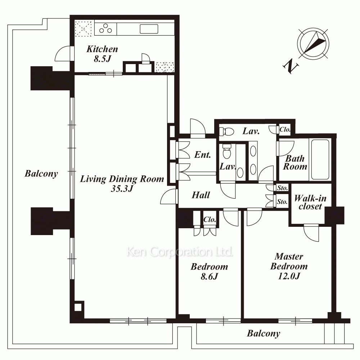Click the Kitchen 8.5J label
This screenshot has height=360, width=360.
[102, 54]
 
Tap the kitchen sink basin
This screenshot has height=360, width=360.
[149, 29]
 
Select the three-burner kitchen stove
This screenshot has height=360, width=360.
[105, 29]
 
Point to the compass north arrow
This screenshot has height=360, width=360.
[313, 43]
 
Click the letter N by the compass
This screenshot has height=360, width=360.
[291, 66]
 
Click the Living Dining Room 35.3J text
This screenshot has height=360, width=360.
[122, 184]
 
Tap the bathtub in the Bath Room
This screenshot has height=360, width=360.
[320, 159]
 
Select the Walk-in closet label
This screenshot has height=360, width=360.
[310, 202]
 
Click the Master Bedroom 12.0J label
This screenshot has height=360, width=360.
[289, 266]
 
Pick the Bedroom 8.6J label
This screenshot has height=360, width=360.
[210, 271]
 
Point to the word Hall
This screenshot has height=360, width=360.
[201, 195]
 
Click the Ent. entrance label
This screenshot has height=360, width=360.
[202, 155]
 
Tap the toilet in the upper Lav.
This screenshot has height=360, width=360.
[226, 131]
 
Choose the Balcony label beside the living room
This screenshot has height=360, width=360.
[41, 174]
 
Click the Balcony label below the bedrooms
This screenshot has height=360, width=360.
[264, 333]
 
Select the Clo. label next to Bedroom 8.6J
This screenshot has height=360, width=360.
[210, 220]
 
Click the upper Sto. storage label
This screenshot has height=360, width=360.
[282, 188]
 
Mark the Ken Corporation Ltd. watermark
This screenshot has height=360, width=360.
[180, 252]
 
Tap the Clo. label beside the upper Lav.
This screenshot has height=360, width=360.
[285, 130]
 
